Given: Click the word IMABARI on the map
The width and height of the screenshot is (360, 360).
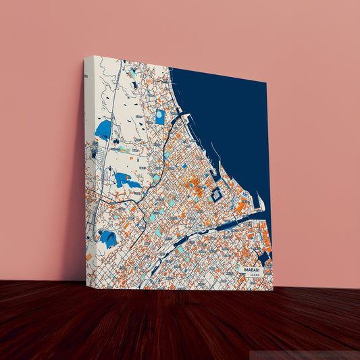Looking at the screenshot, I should pos(249,269).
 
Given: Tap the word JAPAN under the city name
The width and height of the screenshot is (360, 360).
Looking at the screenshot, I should pos(250,275).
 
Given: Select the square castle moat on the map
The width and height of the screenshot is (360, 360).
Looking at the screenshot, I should pos(216,195).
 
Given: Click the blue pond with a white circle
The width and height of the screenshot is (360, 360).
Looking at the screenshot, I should pos(159,117).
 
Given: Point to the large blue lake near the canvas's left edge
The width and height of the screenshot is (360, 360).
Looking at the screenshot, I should pos(103,130).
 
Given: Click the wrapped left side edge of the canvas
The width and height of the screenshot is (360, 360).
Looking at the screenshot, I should pos(88,169).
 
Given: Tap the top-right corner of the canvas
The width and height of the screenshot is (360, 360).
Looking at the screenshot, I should pos(267,84).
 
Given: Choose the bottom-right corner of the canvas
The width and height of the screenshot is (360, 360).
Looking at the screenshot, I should pos(273,290).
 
